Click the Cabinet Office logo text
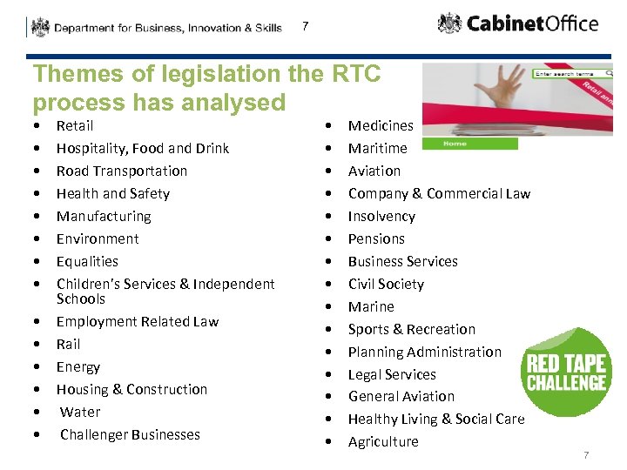click(x=532, y=23)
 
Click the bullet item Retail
click(x=75, y=125)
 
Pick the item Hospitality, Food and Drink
click(x=143, y=148)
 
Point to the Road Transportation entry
click(x=122, y=171)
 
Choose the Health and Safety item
click(x=113, y=193)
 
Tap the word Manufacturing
click(x=104, y=216)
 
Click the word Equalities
click(x=87, y=261)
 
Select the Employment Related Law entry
click(x=138, y=321)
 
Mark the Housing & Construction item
click(x=131, y=389)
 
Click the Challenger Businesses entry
click(x=130, y=434)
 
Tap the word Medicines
click(x=381, y=125)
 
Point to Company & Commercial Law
click(x=439, y=193)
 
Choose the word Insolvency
click(x=381, y=216)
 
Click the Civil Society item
click(x=386, y=284)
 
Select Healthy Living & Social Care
click(x=436, y=419)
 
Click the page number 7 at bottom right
click(x=586, y=455)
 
